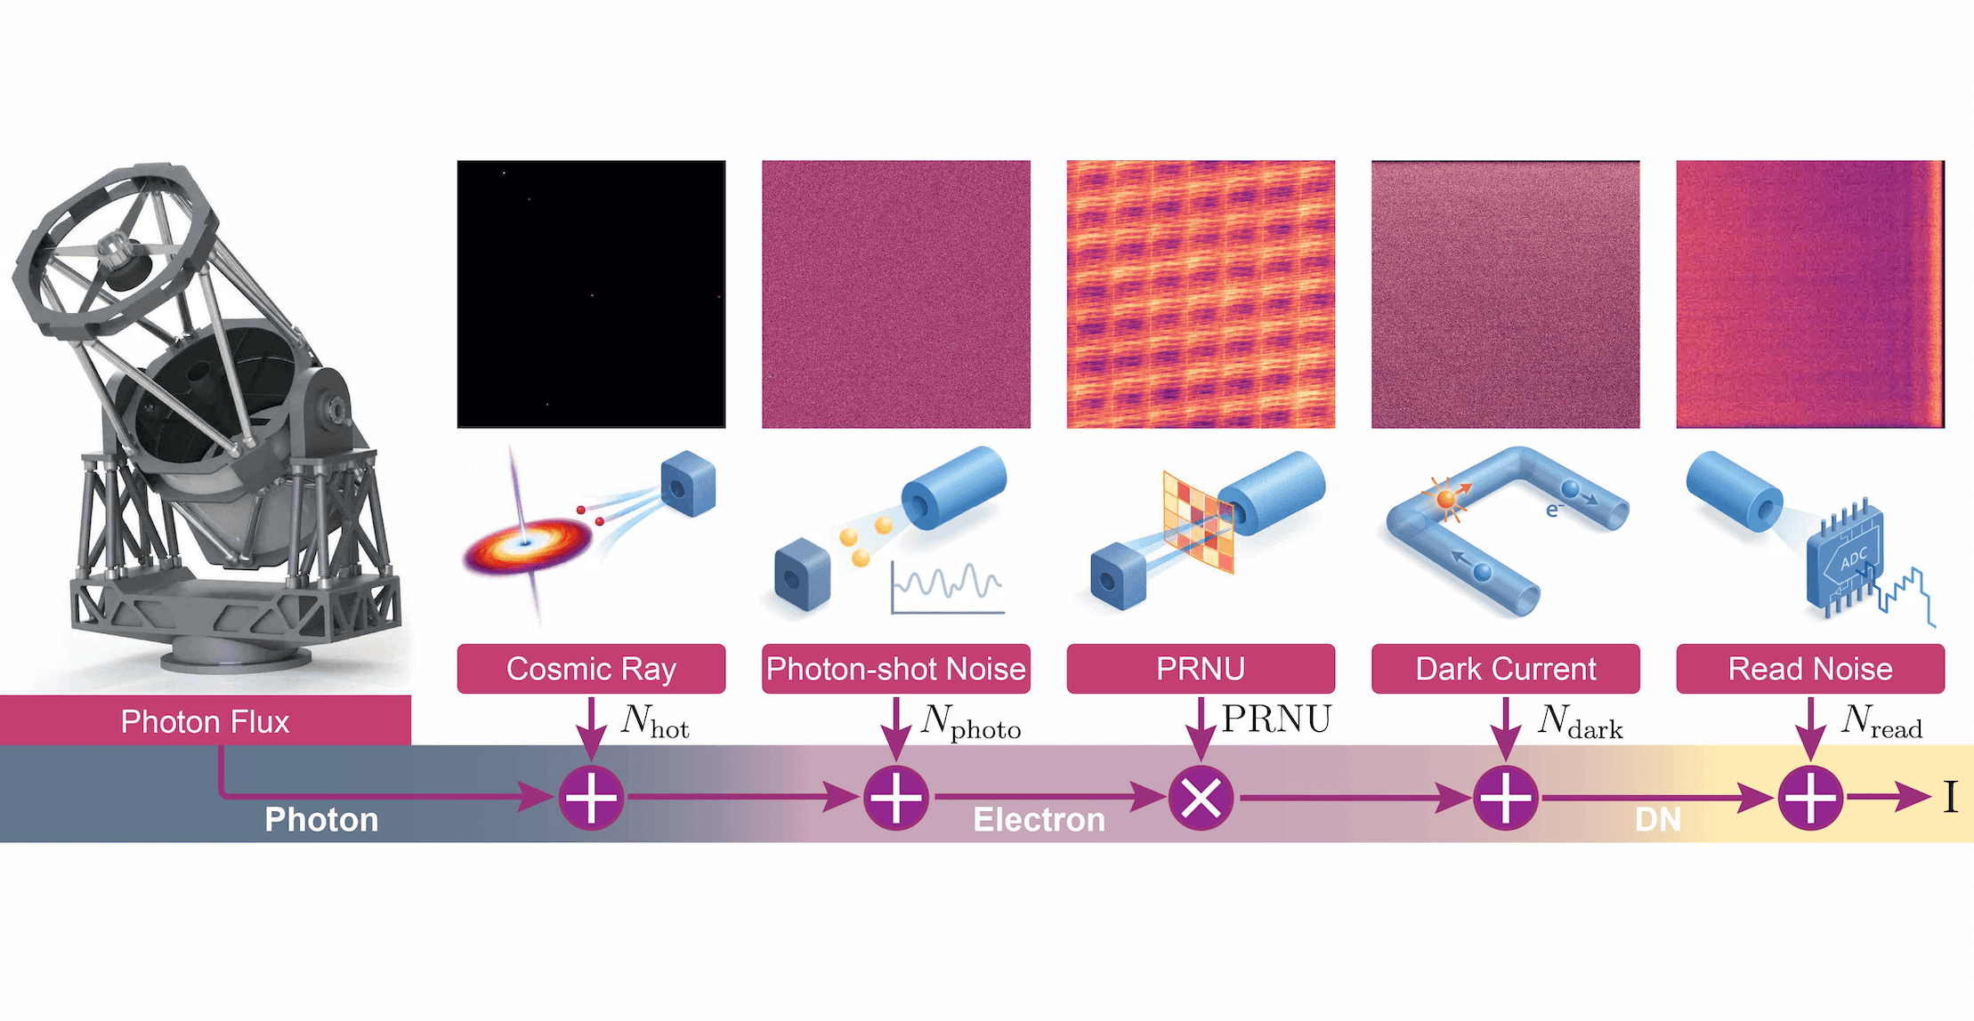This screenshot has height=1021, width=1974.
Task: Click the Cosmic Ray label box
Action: click(591, 669)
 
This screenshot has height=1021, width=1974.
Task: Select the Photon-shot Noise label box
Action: click(896, 669)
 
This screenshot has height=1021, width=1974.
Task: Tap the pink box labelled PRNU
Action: click(1201, 669)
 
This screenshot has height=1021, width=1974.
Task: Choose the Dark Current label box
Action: click(1506, 669)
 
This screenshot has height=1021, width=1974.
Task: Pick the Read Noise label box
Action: click(1810, 669)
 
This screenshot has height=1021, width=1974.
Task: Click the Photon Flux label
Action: click(206, 720)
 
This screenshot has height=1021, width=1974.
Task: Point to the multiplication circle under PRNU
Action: click(1201, 798)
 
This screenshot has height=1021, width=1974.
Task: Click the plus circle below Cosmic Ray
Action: click(592, 798)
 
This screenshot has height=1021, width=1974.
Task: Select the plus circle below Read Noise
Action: click(1810, 798)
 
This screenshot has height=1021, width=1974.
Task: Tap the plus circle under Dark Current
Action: click(1506, 798)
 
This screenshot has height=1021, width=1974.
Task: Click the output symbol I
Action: click(1951, 797)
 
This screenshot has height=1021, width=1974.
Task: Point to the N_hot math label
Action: click(655, 722)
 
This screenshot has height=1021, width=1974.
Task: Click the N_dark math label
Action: click(1581, 722)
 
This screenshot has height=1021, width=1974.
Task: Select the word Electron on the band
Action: click(1039, 819)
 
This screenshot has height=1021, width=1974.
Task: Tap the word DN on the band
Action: click(1658, 819)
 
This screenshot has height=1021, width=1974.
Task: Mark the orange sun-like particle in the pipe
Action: click(1446, 498)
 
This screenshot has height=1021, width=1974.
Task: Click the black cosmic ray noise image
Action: click(591, 294)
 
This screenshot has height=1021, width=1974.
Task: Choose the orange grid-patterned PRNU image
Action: click(1201, 294)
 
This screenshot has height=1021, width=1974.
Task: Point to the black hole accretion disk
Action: click(527, 543)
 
